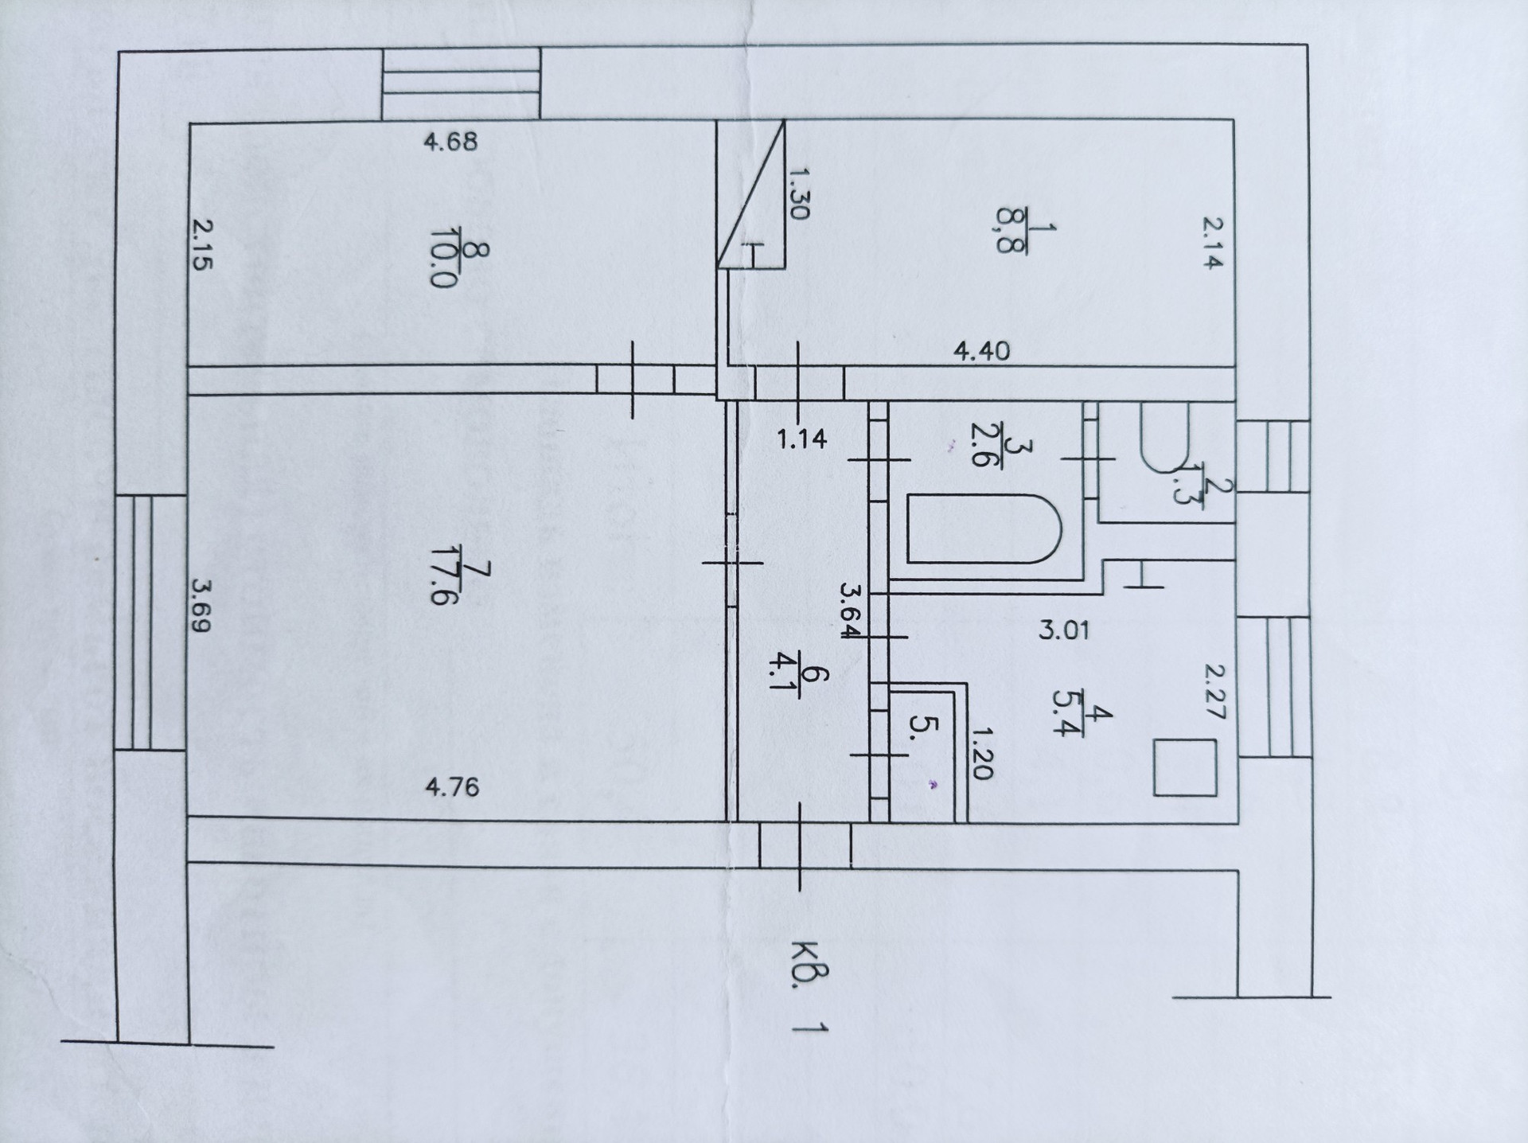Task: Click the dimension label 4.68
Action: tap(450, 142)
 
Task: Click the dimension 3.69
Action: tap(201, 605)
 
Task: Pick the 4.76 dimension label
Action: tap(452, 787)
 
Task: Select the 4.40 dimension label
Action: tap(982, 351)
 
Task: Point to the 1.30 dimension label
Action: tap(799, 193)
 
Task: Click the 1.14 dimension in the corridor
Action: tap(802, 439)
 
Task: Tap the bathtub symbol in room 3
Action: tap(984, 529)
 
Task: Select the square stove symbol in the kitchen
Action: tap(1185, 767)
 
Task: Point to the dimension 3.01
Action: tap(1064, 631)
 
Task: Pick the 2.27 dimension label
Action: tap(1214, 692)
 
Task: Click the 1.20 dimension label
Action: tap(982, 753)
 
